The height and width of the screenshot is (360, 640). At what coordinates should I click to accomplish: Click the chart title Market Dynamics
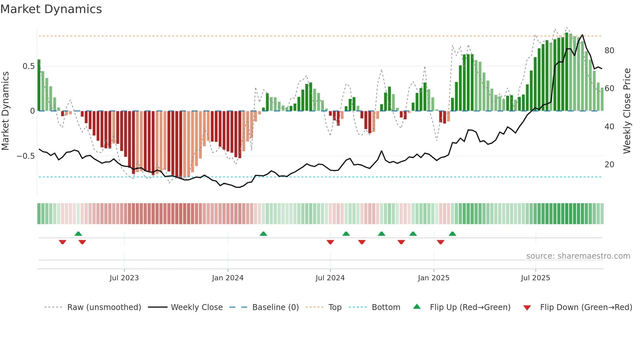coord(51,9)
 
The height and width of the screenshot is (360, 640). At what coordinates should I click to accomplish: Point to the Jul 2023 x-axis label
coord(124,278)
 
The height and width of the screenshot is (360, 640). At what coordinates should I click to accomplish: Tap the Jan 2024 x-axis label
coord(228,278)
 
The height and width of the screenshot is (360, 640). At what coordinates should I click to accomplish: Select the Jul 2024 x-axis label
coord(330,278)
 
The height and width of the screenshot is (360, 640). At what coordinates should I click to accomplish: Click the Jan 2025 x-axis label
coord(433,278)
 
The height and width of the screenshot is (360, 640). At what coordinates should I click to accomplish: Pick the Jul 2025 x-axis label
coord(535,278)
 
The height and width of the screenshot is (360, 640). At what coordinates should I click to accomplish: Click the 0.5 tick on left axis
coord(28,66)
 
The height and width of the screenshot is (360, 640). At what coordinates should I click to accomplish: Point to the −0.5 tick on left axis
coord(26,156)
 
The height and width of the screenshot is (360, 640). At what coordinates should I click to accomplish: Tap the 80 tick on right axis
coord(609,51)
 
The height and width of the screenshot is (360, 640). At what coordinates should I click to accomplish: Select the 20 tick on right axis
coord(609,165)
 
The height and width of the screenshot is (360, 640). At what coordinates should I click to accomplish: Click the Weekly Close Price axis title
coord(627,111)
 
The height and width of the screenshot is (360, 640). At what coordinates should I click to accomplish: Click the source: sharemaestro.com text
coord(578,256)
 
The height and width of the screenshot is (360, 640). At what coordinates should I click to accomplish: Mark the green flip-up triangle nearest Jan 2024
coord(263,234)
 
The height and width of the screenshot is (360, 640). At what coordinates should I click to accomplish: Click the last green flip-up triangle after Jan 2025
coord(452,234)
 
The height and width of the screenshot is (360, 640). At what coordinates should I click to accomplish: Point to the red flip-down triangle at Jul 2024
coord(330,242)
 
